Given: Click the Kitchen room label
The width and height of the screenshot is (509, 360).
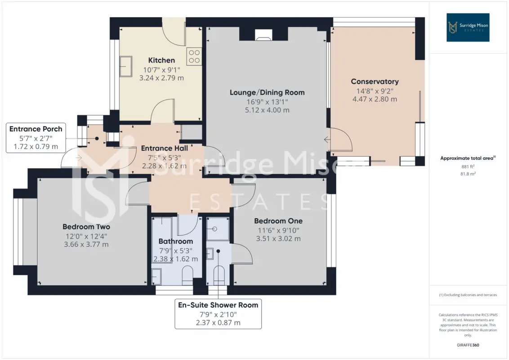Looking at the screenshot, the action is click(x=161, y=60).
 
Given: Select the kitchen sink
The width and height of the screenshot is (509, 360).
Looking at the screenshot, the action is click(x=125, y=66).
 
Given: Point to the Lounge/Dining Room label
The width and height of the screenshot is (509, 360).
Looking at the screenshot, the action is click(x=267, y=92).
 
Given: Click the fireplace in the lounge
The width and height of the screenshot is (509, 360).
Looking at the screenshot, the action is click(x=263, y=35).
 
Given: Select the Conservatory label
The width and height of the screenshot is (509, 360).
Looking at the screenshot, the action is click(x=375, y=81).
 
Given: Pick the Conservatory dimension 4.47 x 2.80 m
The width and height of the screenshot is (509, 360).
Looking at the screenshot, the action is click(x=375, y=99).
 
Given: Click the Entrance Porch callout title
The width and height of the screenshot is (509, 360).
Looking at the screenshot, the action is click(x=36, y=129).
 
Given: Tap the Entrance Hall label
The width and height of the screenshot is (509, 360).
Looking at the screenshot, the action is click(x=164, y=148).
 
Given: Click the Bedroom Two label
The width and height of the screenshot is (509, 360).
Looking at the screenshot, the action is click(x=86, y=227).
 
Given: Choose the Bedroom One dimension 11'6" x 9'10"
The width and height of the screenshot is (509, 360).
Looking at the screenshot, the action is click(x=278, y=230).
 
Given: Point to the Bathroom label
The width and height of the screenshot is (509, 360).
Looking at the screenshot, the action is click(x=176, y=241).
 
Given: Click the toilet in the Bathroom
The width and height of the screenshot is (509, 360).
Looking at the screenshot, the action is click(x=188, y=276).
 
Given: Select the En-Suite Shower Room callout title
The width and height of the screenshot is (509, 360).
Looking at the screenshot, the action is click(x=218, y=305).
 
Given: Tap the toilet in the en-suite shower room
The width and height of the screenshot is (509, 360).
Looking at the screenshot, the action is click(x=219, y=276).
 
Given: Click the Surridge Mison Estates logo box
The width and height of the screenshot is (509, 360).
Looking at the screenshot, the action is click(x=468, y=27).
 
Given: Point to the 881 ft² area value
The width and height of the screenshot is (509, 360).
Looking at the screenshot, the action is click(x=468, y=166).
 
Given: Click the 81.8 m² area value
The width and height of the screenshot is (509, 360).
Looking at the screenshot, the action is click(x=468, y=174).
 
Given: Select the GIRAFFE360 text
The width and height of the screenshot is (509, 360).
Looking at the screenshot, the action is click(x=468, y=345).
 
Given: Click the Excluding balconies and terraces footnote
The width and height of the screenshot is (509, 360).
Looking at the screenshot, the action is click(x=468, y=295).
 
